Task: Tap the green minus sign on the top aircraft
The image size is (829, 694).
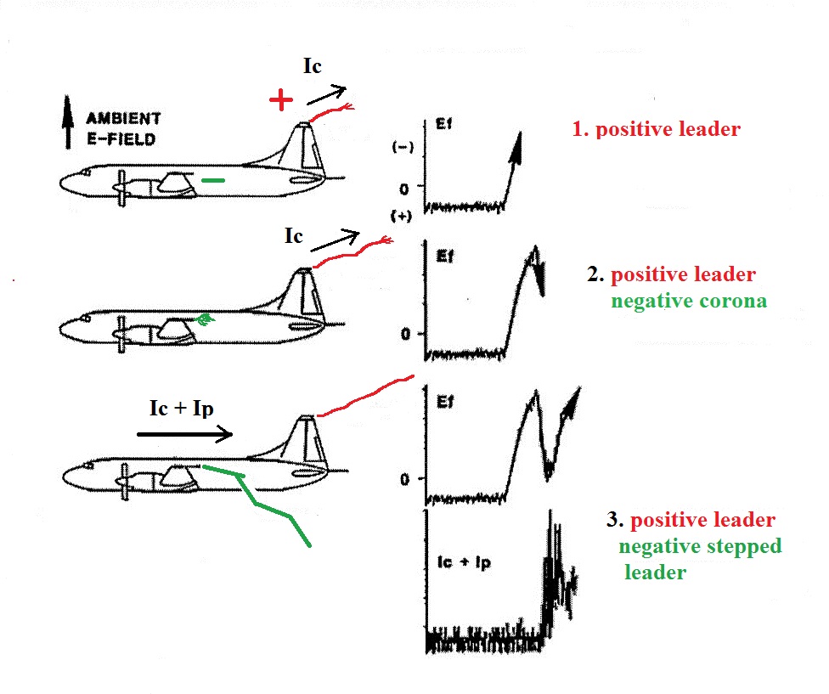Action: [x=214, y=180]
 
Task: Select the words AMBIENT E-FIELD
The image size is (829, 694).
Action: [x=122, y=128]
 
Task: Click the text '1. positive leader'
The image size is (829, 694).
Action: [x=655, y=130]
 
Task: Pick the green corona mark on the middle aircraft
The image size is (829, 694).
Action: [x=204, y=319]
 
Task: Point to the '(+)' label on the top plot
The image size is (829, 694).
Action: [x=403, y=216]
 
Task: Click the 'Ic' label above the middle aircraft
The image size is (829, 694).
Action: [x=294, y=236]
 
